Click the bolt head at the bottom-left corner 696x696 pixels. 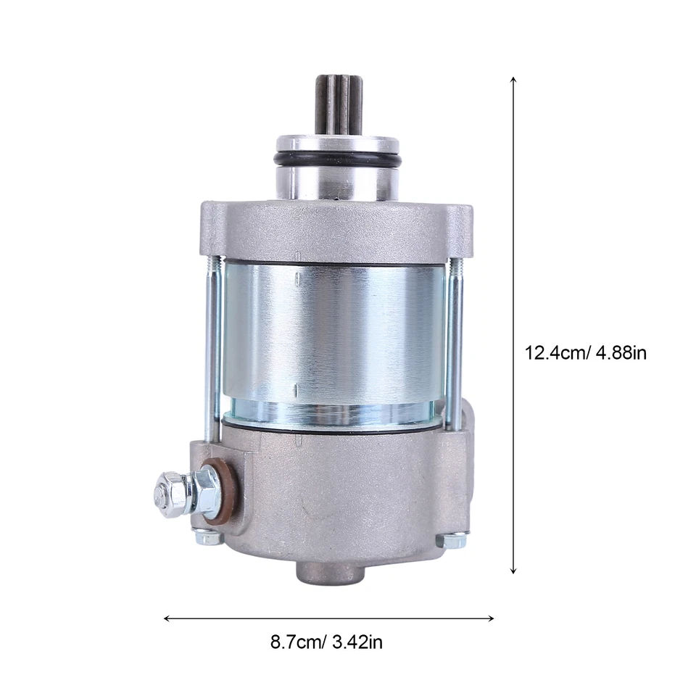tap(207, 538)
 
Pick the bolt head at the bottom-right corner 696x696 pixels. tap(453, 539)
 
